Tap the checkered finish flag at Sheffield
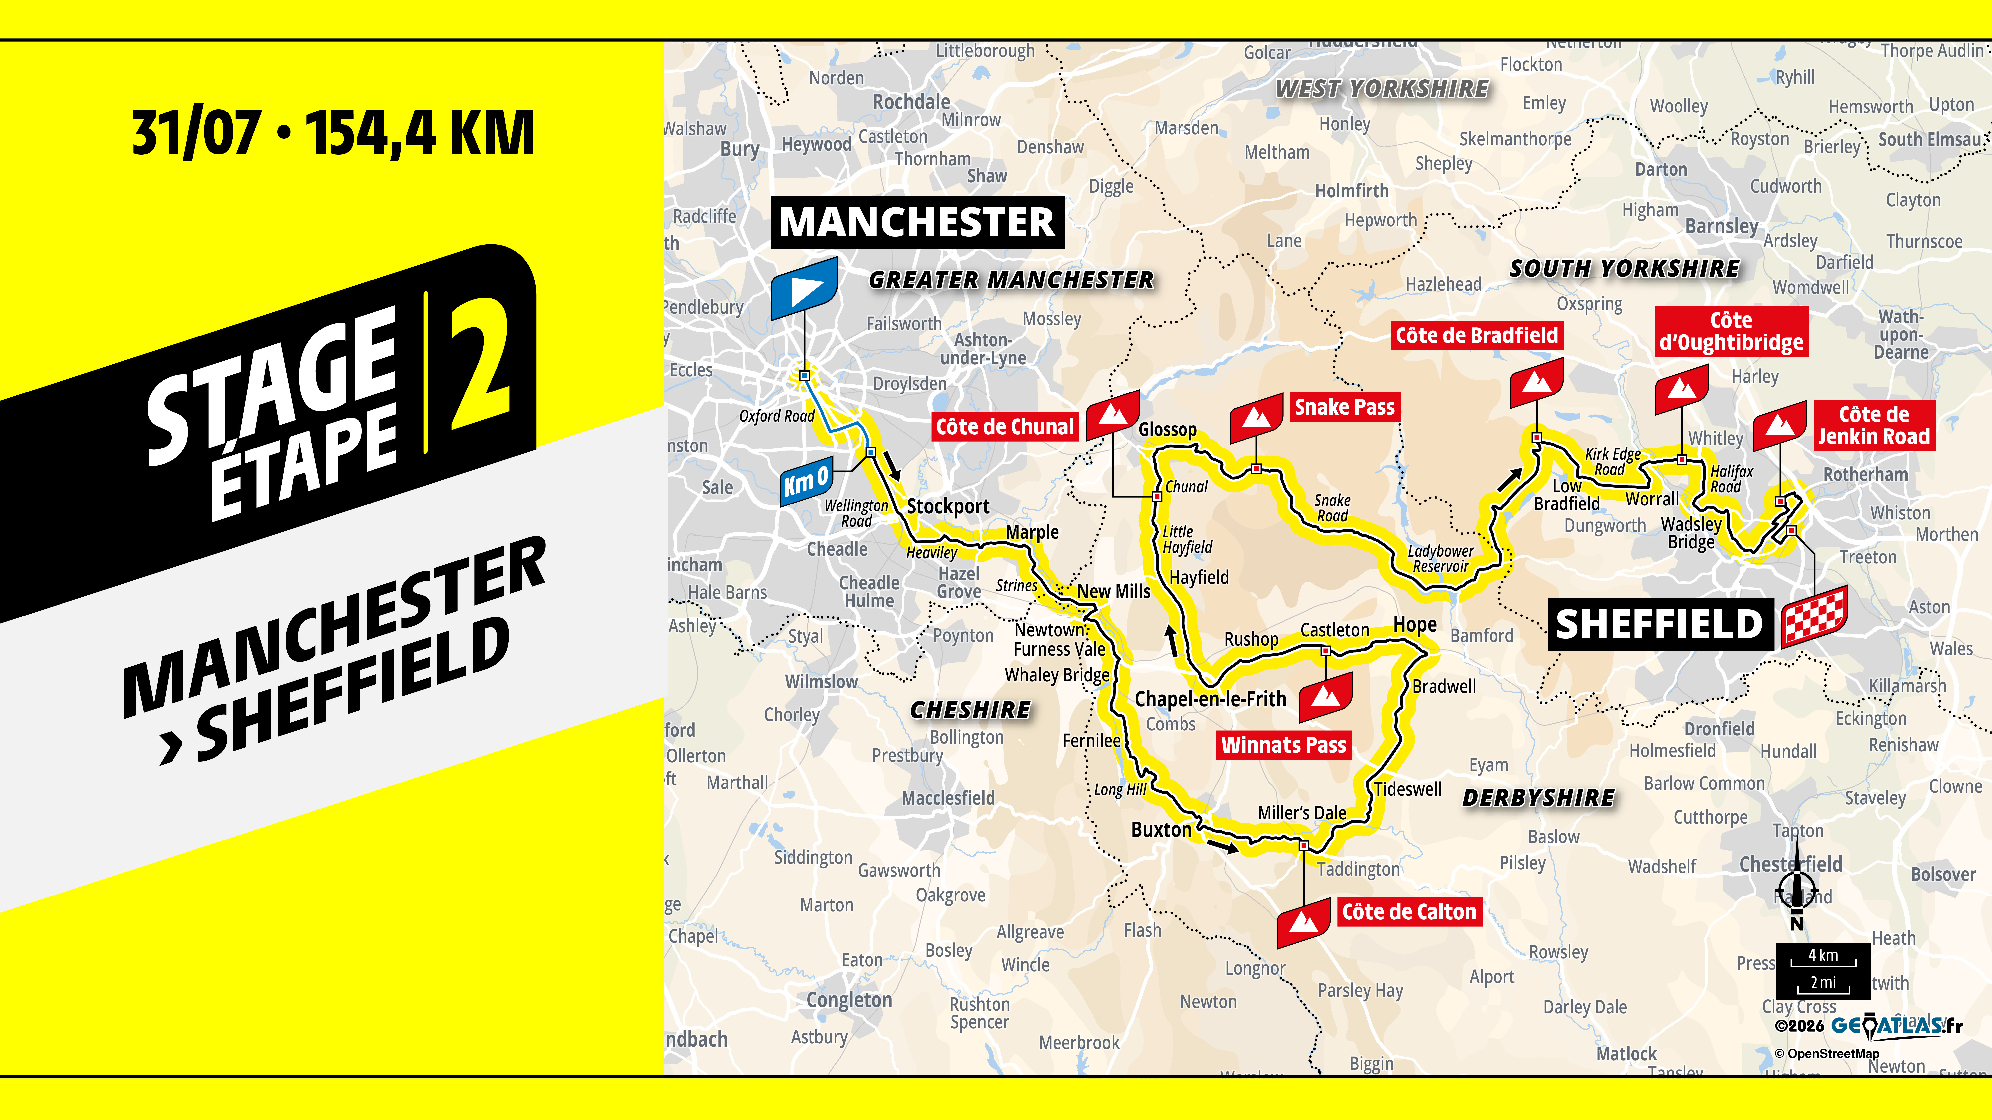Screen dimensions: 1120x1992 [1814, 616]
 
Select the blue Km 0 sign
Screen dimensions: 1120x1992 [807, 482]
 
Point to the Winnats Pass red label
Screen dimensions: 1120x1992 [1284, 745]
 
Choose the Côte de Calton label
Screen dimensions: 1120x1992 [1409, 912]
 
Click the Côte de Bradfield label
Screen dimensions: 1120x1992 [1476, 336]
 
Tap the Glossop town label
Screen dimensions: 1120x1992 [1167, 430]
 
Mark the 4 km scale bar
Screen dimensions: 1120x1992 [1823, 958]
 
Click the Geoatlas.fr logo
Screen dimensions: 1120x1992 [1896, 1026]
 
